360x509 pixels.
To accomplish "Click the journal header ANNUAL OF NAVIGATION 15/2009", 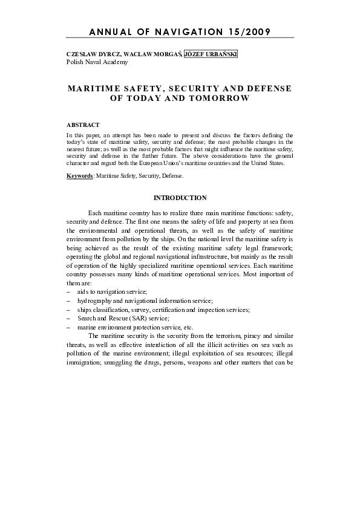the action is (x=180, y=31).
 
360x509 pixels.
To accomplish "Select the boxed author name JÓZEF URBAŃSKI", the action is (x=211, y=54).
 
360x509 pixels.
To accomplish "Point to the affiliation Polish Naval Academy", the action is (x=93, y=62).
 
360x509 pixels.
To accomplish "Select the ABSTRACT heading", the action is (x=83, y=125).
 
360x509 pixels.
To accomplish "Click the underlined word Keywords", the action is (x=80, y=176).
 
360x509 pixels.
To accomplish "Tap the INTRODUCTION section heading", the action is (x=180, y=198).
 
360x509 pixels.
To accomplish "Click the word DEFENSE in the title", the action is (x=266, y=88).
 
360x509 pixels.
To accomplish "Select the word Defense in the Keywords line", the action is (x=172, y=176).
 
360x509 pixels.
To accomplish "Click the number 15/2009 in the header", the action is (x=248, y=31).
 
